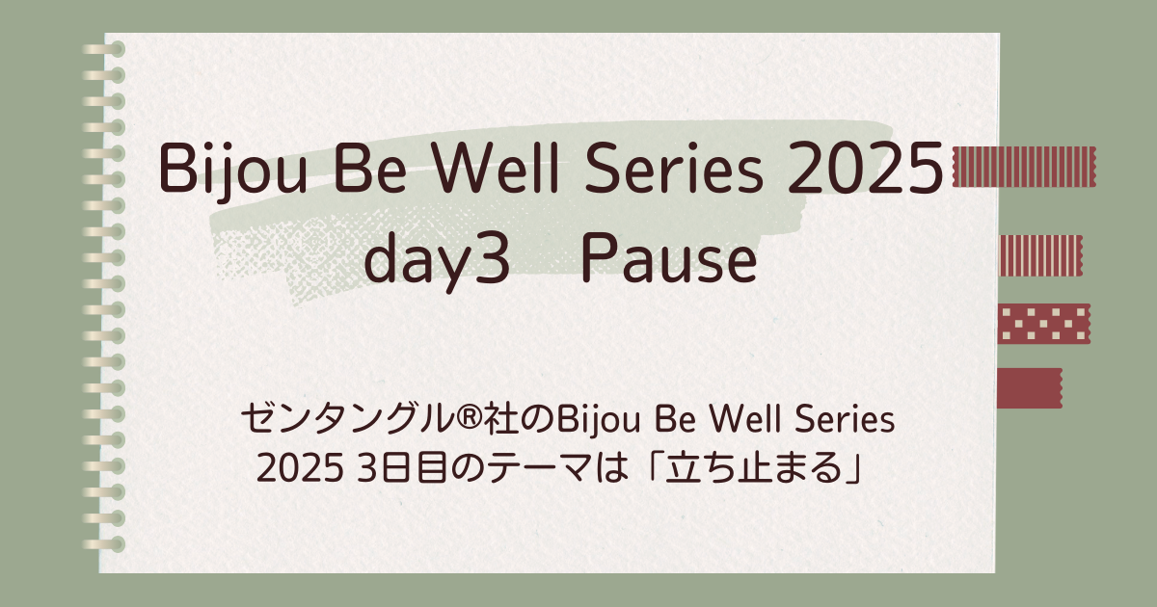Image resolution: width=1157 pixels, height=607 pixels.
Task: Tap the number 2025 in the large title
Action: (x=865, y=169)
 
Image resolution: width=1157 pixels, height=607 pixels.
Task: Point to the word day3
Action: (x=437, y=261)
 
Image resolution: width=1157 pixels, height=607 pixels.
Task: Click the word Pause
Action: (x=669, y=257)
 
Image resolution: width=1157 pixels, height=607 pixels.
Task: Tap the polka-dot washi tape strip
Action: (x=1043, y=324)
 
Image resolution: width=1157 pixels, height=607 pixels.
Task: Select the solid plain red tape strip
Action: (x=1029, y=388)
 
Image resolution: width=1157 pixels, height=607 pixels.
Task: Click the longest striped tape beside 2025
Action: (x=1024, y=166)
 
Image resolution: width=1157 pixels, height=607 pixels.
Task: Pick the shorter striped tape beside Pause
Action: (x=1040, y=255)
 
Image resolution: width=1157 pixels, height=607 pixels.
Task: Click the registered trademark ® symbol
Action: (x=468, y=420)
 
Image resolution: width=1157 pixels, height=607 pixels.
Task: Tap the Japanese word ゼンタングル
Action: (x=346, y=419)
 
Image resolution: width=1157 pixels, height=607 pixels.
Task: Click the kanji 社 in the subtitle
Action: (x=499, y=419)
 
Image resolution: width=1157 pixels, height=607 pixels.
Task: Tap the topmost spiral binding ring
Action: (x=104, y=49)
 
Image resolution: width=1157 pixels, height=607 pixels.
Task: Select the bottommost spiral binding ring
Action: (x=104, y=544)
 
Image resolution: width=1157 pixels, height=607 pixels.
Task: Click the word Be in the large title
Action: (x=370, y=168)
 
